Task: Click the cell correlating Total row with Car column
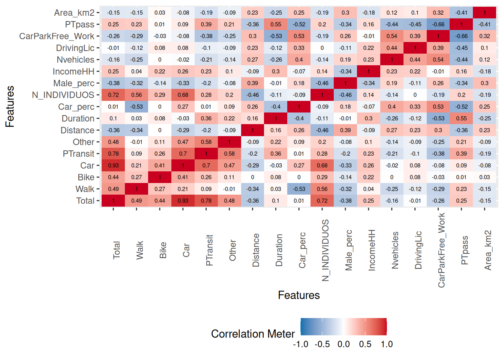click(183, 201)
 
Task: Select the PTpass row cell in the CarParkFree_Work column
click(438, 24)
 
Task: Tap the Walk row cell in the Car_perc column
click(299, 189)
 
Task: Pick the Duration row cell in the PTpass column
click(462, 118)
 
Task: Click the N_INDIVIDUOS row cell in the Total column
click(113, 95)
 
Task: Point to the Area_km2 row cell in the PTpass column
click(462, 13)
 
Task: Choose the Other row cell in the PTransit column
click(206, 142)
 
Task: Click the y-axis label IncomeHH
click(73, 72)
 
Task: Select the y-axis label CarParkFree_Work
click(57, 36)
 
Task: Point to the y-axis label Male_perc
click(74, 83)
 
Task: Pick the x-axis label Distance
click(256, 250)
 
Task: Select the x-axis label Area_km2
click(487, 250)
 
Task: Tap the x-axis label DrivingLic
click(418, 250)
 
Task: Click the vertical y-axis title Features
click(10, 106)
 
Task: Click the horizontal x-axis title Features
click(299, 295)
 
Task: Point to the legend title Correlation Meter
click(253, 334)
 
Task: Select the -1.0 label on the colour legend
click(300, 344)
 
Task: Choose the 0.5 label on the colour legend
click(365, 344)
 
